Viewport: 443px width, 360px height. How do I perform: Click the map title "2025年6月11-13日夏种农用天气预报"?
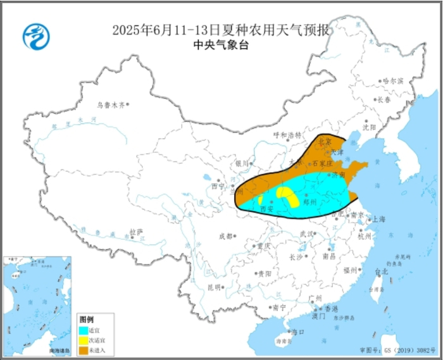221,30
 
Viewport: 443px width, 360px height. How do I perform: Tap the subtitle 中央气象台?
221,46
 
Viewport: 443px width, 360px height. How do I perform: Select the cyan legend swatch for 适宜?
83,330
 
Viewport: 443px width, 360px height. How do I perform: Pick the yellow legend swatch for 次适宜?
83,338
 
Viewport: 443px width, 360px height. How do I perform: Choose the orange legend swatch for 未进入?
83,347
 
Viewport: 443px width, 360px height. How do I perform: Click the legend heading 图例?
86,320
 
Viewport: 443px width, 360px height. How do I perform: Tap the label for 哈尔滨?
392,82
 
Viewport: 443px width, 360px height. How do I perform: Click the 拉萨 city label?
137,232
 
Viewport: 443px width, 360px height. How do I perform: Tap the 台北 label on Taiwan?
382,272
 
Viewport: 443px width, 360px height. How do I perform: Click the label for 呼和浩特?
285,135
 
